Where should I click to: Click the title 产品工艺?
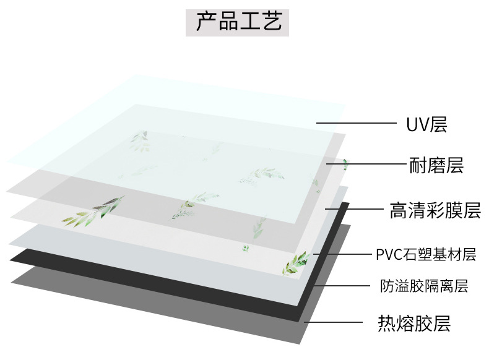tap(238, 22)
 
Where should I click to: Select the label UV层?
tap(426, 124)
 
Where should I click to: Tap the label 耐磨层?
tap(436, 165)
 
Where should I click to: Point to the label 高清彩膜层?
tap(435, 210)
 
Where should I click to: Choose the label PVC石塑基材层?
tap(425, 254)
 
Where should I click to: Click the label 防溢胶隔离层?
tap(424, 286)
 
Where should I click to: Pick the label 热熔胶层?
tap(414, 323)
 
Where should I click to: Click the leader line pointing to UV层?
tap(356, 123)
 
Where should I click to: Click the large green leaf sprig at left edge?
tap(93, 212)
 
